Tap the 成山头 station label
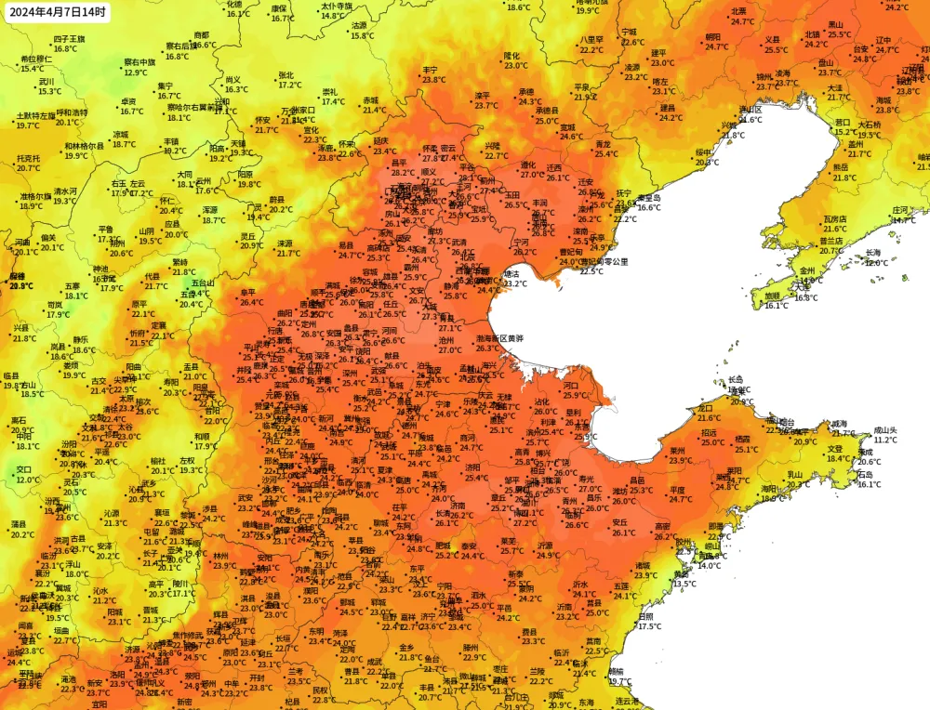click(x=885, y=430)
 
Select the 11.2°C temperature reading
click(x=885, y=440)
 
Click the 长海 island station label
click(x=872, y=253)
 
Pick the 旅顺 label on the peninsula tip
click(x=773, y=296)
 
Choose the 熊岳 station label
click(x=840, y=167)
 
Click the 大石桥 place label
click(x=869, y=125)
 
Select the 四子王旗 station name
click(x=69, y=39)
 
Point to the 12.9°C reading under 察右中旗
click(x=136, y=72)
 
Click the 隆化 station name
click(x=512, y=56)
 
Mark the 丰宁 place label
click(x=430, y=70)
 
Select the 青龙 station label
click(x=604, y=144)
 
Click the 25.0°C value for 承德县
click(x=547, y=121)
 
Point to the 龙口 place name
click(x=705, y=408)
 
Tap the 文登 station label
click(x=836, y=448)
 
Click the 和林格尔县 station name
click(x=84, y=146)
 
